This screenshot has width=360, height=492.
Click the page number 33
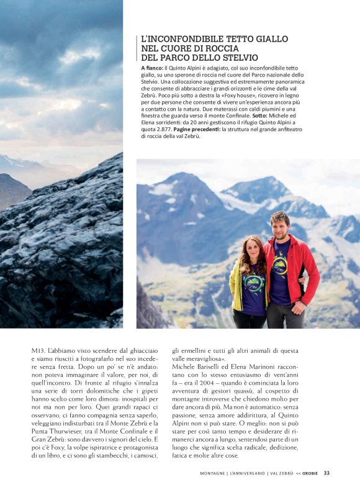point(326,473)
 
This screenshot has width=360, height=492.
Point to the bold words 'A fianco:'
point(152,67)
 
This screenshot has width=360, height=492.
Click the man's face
point(280,224)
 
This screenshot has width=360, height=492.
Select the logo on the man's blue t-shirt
point(281,266)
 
